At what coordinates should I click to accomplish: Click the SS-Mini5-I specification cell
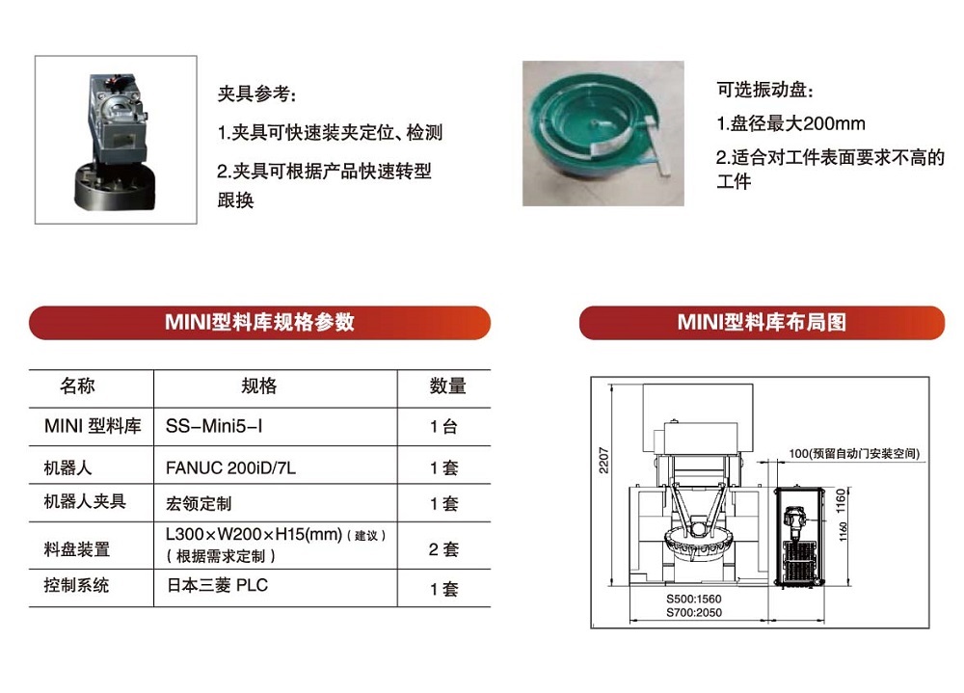tap(214, 425)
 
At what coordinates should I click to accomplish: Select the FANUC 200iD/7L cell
tap(230, 468)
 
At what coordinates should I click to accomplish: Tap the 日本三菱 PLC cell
tap(217, 585)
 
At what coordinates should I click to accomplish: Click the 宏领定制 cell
tap(199, 504)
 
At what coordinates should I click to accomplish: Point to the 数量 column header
tap(447, 386)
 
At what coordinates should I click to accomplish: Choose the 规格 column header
tap(258, 386)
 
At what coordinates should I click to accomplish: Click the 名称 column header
tap(77, 386)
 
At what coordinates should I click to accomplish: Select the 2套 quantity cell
tap(443, 548)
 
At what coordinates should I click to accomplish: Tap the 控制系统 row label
tap(76, 585)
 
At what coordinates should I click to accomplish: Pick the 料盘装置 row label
tap(76, 548)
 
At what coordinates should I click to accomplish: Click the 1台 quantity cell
tap(443, 426)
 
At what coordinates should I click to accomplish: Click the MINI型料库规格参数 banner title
tap(259, 322)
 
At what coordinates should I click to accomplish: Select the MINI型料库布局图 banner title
tap(762, 322)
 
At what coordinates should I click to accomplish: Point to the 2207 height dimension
tap(603, 460)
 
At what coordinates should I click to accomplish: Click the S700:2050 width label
tap(694, 612)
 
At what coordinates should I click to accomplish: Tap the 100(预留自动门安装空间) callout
tap(854, 454)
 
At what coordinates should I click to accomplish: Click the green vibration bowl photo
tap(603, 133)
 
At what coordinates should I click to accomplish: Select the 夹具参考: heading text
tap(257, 94)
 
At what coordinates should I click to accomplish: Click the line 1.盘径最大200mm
tap(790, 123)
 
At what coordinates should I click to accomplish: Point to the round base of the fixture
tap(115, 188)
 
